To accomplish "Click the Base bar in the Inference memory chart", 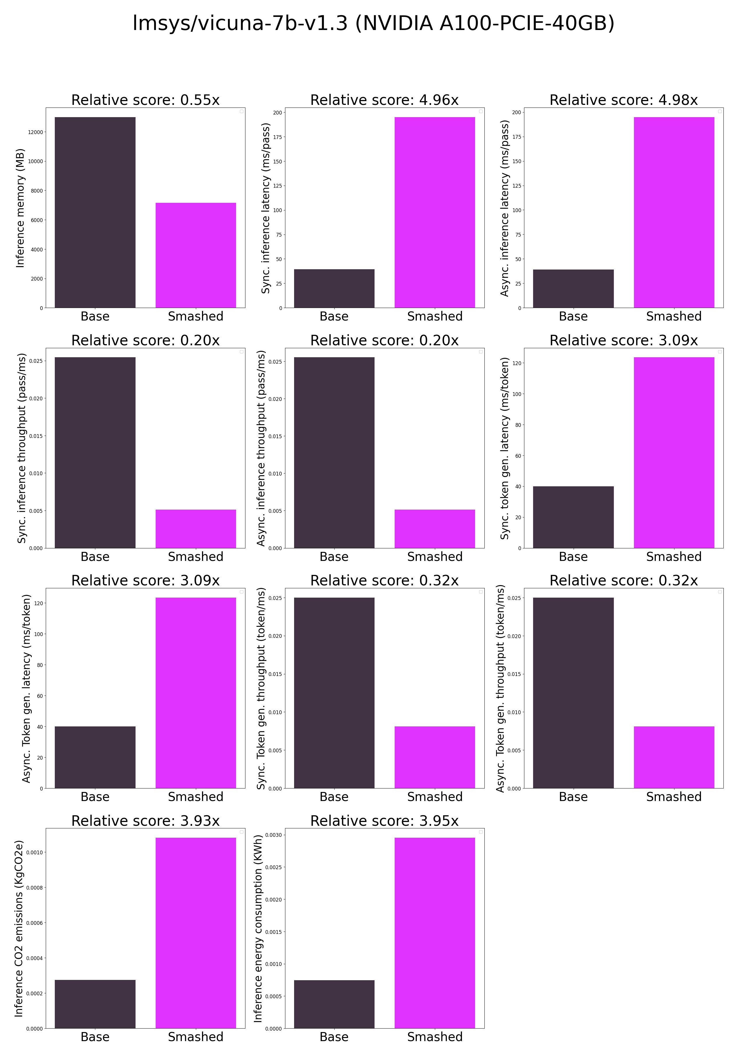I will [95, 212].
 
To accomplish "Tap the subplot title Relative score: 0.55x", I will [145, 100].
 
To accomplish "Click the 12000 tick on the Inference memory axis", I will [36, 132].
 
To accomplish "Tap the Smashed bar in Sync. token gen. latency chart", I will [674, 453].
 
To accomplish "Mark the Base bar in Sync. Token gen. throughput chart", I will [334, 693].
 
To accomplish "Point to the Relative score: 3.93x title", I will [145, 821].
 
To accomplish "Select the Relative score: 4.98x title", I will [623, 100].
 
